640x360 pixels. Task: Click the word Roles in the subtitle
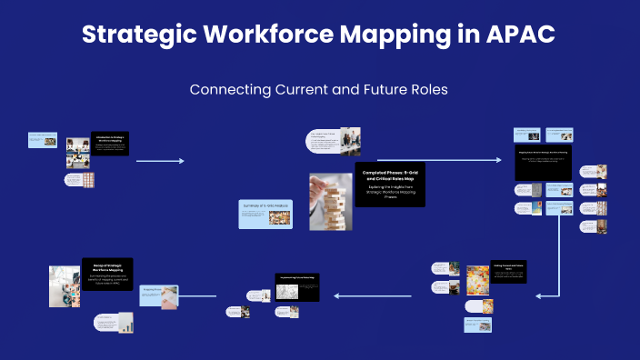pos(426,90)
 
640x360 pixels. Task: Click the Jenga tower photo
pos(330,201)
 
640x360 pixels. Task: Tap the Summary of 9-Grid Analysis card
pos(265,213)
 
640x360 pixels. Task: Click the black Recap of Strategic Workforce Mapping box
pos(107,274)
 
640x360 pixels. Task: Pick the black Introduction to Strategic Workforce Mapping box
pos(110,143)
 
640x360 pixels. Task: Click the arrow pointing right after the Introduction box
pos(160,161)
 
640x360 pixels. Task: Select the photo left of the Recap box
pos(65,285)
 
